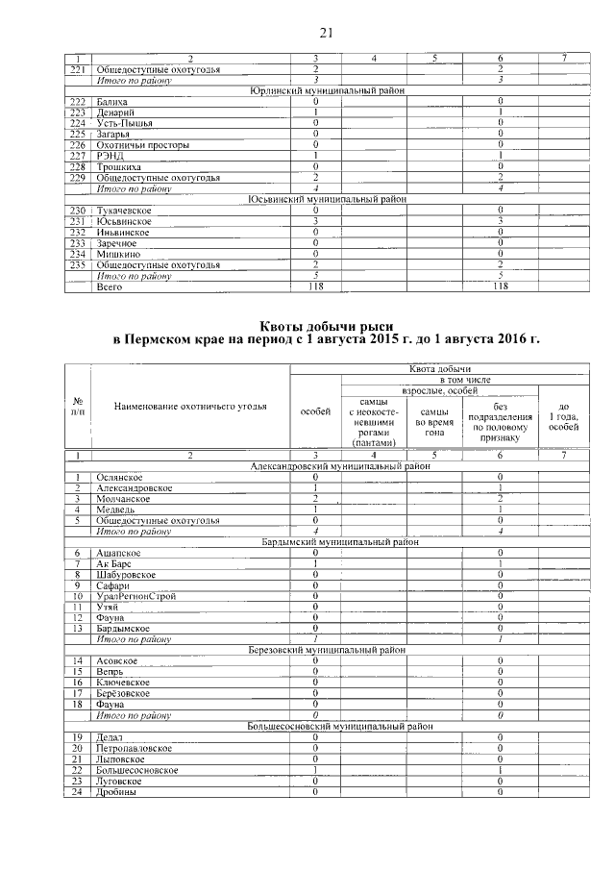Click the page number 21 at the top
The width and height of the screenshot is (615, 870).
click(x=325, y=35)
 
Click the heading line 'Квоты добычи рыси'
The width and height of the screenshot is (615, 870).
click(x=327, y=325)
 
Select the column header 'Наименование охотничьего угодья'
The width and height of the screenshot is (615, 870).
click(x=189, y=406)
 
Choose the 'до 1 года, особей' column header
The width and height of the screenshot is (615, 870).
click(x=563, y=414)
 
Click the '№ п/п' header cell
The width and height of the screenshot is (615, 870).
click(x=77, y=406)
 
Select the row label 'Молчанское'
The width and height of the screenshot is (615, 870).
click(x=122, y=499)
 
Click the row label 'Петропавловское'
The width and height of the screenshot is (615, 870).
click(x=135, y=747)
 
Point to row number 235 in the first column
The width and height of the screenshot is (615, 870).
click(x=78, y=264)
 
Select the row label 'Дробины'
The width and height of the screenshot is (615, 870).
click(x=116, y=791)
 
